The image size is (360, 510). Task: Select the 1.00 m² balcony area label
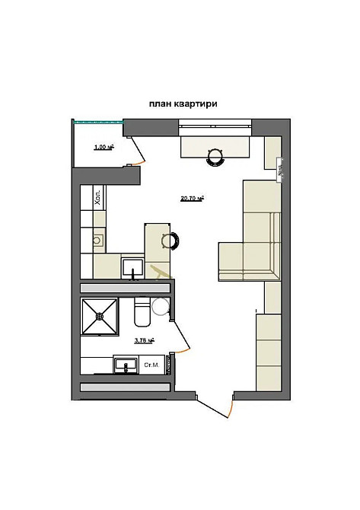click(x=104, y=147)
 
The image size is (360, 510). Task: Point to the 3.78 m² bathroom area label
click(x=145, y=341)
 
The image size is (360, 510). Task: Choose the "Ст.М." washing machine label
click(x=151, y=365)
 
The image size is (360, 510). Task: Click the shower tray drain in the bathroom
click(x=100, y=317)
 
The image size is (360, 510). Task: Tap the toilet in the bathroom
click(x=142, y=314)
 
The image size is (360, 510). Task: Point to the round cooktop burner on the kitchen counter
click(x=97, y=240)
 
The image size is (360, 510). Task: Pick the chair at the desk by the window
click(x=215, y=156)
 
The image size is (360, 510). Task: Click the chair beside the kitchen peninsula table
click(x=170, y=241)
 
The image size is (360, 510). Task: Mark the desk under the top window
click(x=215, y=144)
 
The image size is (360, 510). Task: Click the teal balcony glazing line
click(x=98, y=120)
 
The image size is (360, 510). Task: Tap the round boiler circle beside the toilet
click(x=161, y=306)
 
